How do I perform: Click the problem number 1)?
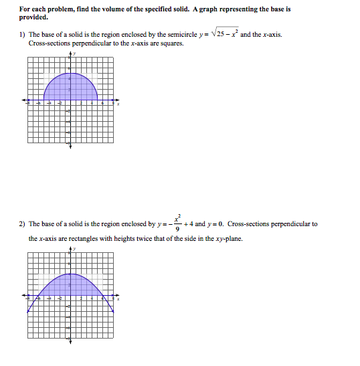click(x=22, y=34)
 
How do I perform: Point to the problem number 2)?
click(x=22, y=224)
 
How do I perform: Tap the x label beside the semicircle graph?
click(x=118, y=104)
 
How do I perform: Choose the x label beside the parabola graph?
click(x=118, y=300)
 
